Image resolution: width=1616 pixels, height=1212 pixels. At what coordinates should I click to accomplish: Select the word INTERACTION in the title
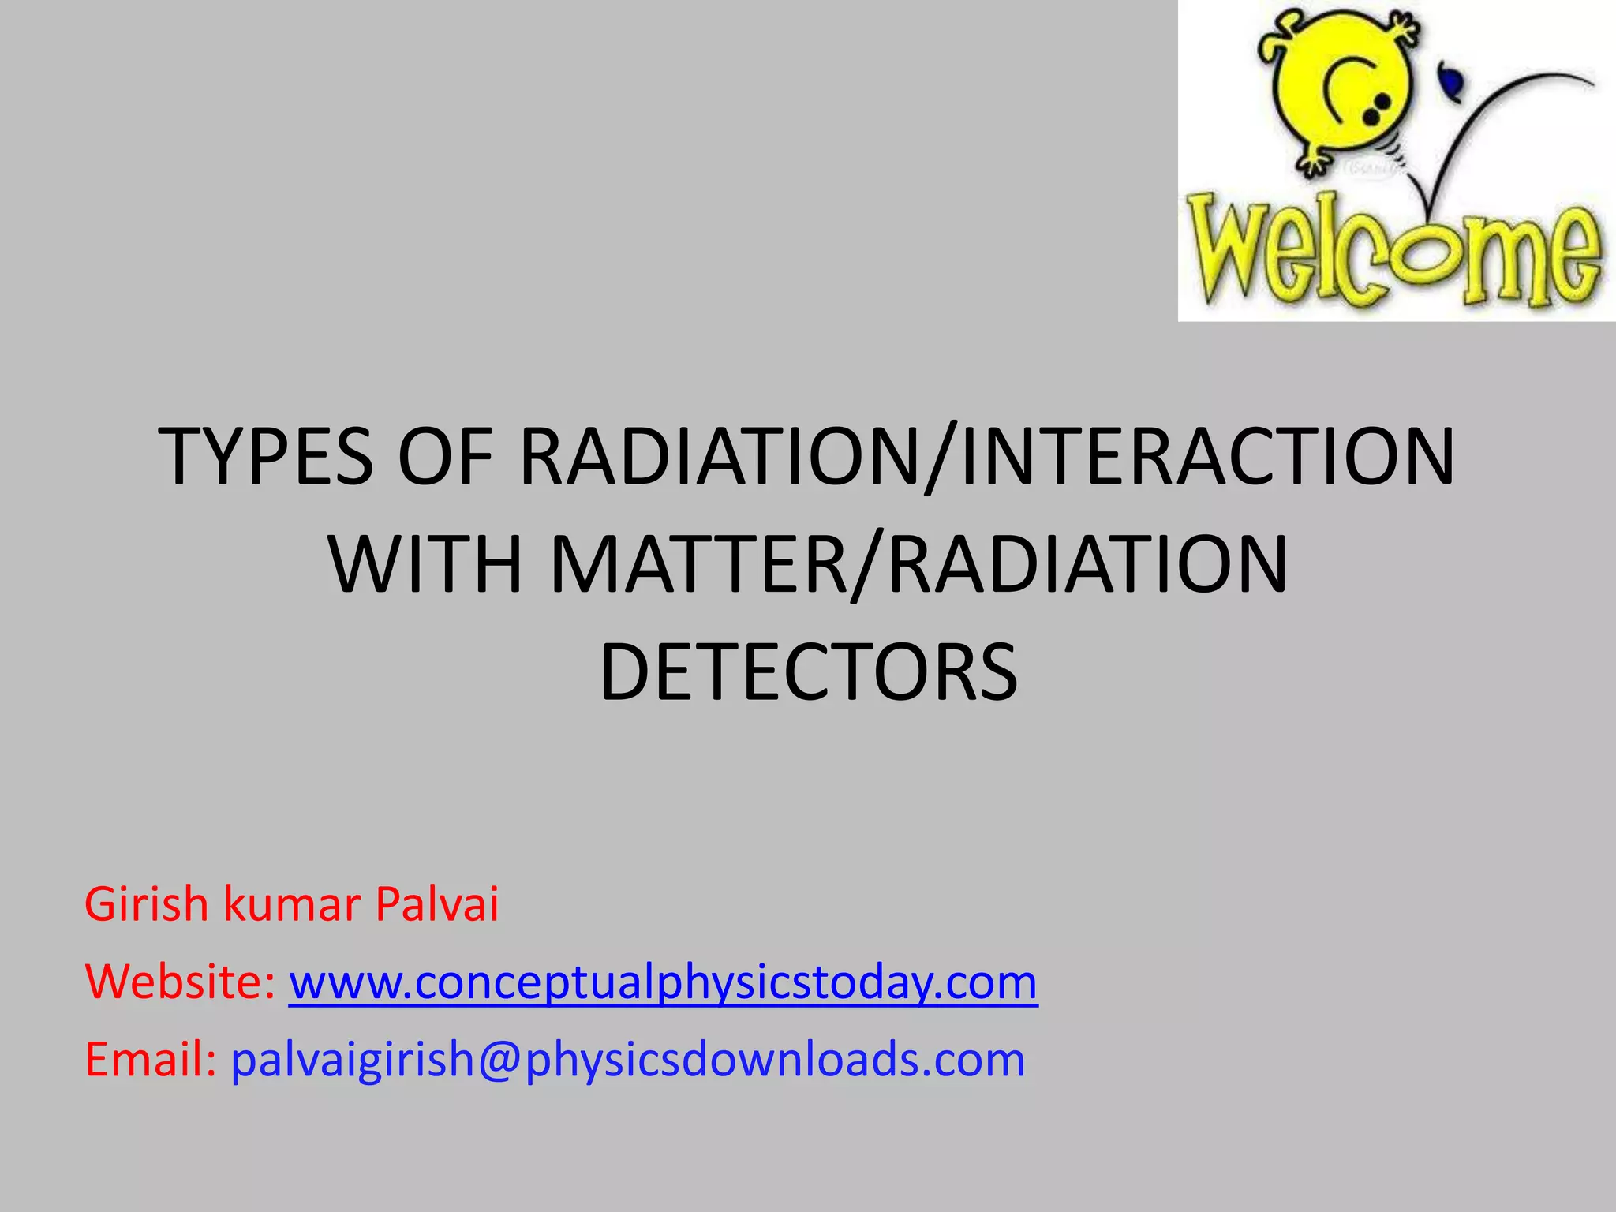click(x=1207, y=457)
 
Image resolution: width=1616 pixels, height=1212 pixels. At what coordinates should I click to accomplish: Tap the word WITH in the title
click(x=427, y=565)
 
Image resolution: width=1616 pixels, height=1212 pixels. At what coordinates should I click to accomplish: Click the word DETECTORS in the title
click(x=808, y=672)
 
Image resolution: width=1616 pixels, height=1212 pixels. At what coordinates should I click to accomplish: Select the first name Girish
click(x=146, y=904)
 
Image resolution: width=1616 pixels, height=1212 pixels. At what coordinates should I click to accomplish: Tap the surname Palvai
click(x=436, y=904)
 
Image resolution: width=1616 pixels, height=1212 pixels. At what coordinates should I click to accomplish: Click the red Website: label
click(x=180, y=982)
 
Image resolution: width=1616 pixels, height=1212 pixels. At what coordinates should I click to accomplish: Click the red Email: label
click(x=150, y=1060)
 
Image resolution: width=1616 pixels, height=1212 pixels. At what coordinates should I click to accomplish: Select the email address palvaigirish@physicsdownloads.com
click(x=627, y=1060)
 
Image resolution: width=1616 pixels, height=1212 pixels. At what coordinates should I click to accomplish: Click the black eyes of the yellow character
click(x=1379, y=108)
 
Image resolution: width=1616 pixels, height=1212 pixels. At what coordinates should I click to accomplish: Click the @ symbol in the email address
click(x=499, y=1060)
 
